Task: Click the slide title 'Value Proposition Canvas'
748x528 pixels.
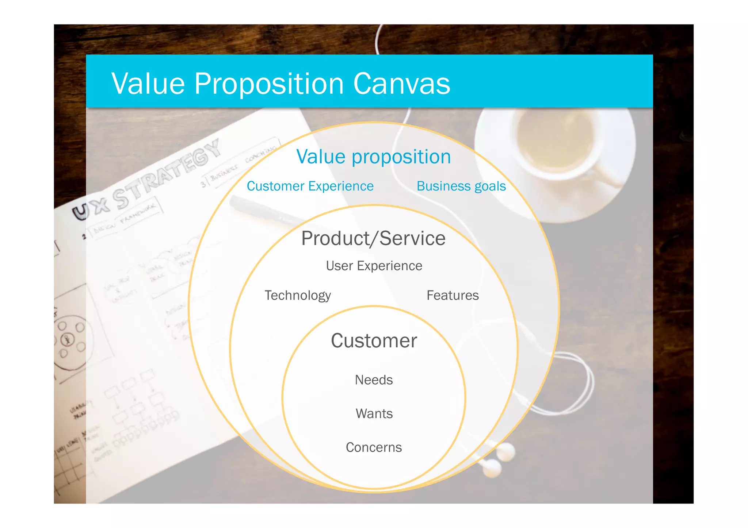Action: coord(280,84)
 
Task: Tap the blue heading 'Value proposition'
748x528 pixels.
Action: coord(373,157)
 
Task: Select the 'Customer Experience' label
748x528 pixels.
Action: coord(310,186)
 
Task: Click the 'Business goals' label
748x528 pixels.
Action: coord(461,186)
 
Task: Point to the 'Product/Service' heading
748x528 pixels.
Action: coord(373,239)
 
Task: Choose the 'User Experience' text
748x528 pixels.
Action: coord(374,266)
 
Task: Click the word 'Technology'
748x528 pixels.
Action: coord(298,295)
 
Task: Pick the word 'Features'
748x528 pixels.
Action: coord(453,295)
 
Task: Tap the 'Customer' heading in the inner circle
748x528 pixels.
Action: coord(374,341)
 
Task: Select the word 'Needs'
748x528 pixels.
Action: coord(374,380)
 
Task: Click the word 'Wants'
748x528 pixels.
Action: coord(374,413)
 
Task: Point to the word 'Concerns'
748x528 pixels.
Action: coord(374,447)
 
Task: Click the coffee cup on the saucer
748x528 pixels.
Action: coord(559,146)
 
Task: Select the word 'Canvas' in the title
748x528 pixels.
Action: coord(401,84)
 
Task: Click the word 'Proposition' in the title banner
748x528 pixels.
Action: coord(269,84)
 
